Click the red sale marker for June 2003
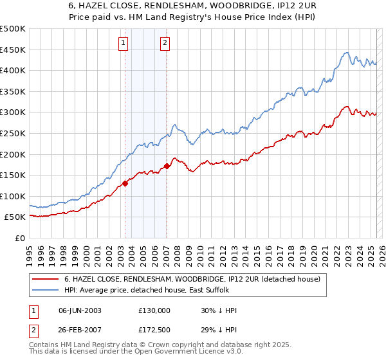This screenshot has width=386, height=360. (x=125, y=183)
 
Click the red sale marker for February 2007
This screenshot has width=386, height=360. (x=167, y=166)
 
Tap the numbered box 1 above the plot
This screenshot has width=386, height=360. (x=123, y=43)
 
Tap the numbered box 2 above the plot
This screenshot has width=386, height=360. (x=165, y=43)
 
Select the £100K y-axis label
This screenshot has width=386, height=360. (x=13, y=196)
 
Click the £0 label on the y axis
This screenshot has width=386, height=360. (x=21, y=238)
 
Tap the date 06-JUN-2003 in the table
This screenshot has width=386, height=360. (x=80, y=310)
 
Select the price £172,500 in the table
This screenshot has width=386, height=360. (x=154, y=329)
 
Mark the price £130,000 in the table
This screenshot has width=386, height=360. (x=154, y=310)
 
